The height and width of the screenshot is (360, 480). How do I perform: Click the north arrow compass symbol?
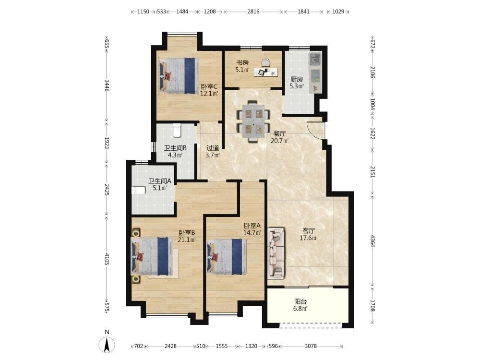(x=107, y=345)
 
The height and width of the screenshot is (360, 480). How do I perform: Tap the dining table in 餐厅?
(x=253, y=121)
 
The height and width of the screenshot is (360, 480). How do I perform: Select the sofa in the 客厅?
(x=276, y=253)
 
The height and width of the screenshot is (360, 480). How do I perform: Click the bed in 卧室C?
(x=178, y=76)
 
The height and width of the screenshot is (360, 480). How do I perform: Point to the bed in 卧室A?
(x=227, y=256)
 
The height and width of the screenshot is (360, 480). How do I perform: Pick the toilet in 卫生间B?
(x=177, y=131)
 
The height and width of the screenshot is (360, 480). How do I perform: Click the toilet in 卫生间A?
(x=138, y=191)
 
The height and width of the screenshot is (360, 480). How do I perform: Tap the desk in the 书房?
(x=266, y=72)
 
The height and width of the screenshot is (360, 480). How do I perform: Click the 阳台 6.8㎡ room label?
(x=300, y=305)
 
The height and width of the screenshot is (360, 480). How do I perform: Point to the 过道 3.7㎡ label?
(x=213, y=152)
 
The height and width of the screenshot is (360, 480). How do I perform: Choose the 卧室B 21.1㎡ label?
(x=187, y=236)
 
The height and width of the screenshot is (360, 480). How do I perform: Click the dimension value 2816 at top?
(x=253, y=12)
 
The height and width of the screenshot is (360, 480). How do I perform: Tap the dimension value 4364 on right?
(x=372, y=240)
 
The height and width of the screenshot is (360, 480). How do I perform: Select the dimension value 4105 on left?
(x=107, y=259)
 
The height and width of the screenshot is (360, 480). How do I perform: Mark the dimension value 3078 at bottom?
(x=311, y=346)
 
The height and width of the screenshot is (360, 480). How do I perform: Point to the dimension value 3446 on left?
(x=107, y=85)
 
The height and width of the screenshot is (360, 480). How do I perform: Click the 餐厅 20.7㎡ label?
(x=280, y=137)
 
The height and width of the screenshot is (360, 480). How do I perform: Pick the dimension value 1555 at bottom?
(x=222, y=346)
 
